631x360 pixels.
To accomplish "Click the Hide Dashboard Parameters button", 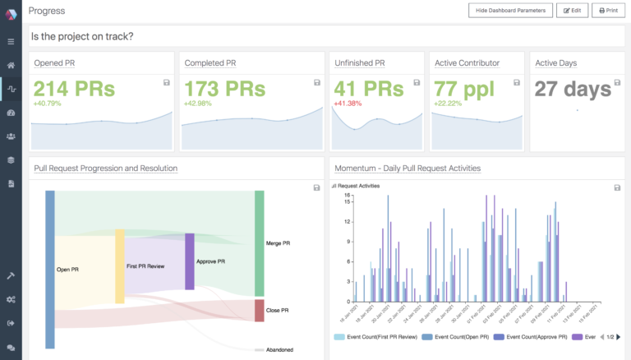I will tap(509, 11).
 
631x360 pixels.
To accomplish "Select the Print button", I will tap(607, 11).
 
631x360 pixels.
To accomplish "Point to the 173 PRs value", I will tap(224, 89).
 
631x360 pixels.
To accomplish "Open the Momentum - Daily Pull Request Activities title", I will tap(408, 168).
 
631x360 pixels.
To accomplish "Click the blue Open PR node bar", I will tap(50, 269).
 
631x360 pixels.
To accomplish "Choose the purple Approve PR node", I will tap(190, 261).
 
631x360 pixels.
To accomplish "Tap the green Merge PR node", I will tap(260, 243).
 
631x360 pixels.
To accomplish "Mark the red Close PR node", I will tap(260, 311).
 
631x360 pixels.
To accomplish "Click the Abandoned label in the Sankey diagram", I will tap(279, 349).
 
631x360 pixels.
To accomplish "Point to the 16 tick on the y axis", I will tap(348, 196).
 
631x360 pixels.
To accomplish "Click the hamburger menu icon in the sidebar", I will tap(11, 41).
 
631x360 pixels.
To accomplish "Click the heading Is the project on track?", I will tap(83, 37).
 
